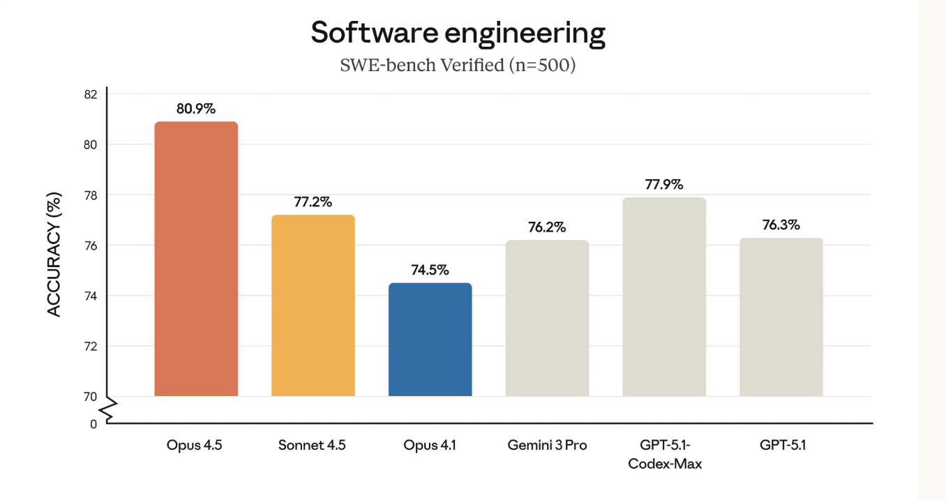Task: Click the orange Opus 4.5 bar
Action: click(196, 259)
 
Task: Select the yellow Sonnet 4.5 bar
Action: click(313, 305)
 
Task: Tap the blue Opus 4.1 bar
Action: click(430, 340)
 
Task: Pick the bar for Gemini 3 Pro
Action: click(547, 318)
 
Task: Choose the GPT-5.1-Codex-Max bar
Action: click(664, 297)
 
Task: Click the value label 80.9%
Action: click(196, 109)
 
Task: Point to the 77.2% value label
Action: click(313, 202)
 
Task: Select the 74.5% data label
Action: click(430, 270)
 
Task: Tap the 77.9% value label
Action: click(664, 185)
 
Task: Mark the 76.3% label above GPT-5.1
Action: click(781, 225)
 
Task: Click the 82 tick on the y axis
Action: click(91, 94)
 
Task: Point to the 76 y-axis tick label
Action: click(91, 245)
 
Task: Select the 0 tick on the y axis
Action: click(93, 423)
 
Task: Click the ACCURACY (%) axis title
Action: click(54, 254)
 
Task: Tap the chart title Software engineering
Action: click(458, 33)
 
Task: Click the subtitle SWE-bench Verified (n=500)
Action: click(458, 66)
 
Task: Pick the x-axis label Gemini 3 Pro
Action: click(547, 445)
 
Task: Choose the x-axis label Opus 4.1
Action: click(430, 445)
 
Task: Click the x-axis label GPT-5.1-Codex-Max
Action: click(664, 454)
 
